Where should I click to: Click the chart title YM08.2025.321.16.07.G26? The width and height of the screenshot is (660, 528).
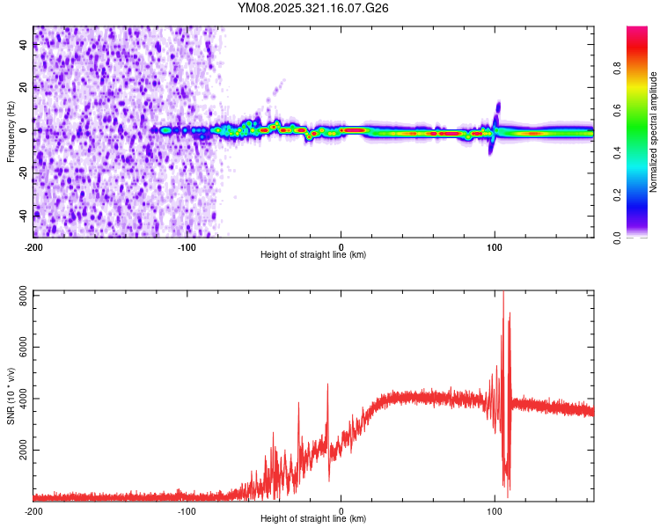coord(313,8)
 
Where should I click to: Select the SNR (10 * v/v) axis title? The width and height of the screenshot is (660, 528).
coord(11,395)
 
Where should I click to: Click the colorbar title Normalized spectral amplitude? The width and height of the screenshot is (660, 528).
coord(654,131)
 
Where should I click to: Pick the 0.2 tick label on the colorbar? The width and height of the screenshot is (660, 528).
coord(642,194)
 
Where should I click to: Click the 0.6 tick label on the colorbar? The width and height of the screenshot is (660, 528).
coord(642,110)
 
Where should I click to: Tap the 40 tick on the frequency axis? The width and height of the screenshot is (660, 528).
coord(25,46)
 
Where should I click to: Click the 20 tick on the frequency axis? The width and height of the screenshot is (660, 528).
coord(25,88)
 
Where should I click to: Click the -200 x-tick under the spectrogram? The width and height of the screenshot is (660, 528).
coord(33,247)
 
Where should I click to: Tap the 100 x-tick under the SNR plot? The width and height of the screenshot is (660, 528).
coord(495,510)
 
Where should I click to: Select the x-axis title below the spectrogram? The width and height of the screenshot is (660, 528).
coord(313,255)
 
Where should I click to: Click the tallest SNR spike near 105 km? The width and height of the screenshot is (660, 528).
coord(503,296)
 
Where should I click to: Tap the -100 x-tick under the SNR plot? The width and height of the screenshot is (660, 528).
coord(187,510)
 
